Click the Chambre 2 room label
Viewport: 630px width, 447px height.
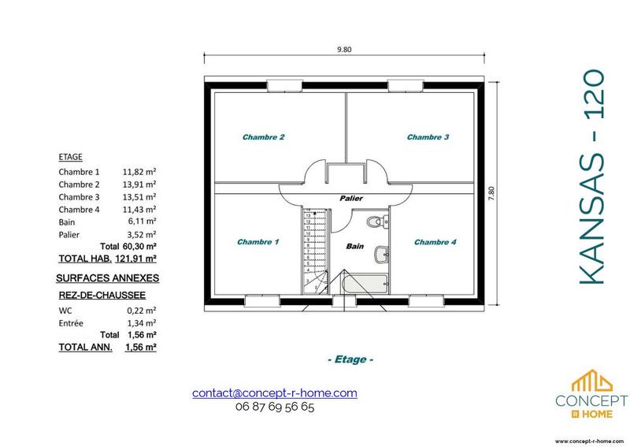263,137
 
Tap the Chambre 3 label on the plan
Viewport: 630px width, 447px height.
428,137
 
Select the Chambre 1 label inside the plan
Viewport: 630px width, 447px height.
258,242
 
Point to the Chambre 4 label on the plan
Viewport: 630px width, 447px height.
435,242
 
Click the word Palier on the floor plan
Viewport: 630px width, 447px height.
350,199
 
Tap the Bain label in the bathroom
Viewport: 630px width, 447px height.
355,247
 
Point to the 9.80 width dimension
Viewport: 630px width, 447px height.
343,50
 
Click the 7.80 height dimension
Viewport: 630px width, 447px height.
491,193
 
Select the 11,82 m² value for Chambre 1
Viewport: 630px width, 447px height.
139,171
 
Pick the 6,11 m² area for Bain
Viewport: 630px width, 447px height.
141,222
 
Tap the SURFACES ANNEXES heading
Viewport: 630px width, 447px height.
108,278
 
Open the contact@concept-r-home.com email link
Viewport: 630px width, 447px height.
275,393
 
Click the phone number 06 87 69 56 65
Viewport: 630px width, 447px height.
275,408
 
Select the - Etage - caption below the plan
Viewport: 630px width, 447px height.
349,359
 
